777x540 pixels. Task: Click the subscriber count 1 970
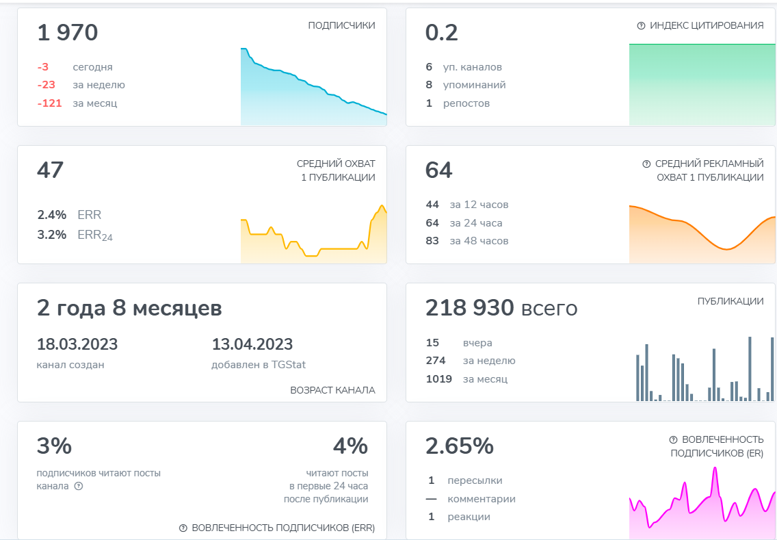(x=68, y=33)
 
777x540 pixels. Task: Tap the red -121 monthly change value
(x=49, y=103)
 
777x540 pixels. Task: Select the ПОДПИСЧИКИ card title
(x=341, y=25)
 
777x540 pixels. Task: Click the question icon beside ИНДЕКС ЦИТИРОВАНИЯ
(x=641, y=25)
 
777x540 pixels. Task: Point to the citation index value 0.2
(x=442, y=33)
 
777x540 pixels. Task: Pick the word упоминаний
(x=475, y=85)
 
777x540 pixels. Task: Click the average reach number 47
(x=50, y=170)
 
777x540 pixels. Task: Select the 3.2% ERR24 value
(x=52, y=235)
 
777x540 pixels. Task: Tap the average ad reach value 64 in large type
(x=439, y=170)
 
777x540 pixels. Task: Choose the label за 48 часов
(x=479, y=241)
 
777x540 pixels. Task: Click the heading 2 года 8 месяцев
(x=129, y=308)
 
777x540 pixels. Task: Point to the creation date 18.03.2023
(x=77, y=344)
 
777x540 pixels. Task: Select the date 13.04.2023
(x=252, y=344)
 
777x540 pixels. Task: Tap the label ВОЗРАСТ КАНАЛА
(x=332, y=390)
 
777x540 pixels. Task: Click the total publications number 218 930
(x=469, y=308)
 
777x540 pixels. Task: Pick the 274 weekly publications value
(x=436, y=361)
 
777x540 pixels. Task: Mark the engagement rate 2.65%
(x=460, y=446)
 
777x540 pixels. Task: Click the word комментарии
(x=482, y=499)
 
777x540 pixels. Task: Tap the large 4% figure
(x=350, y=446)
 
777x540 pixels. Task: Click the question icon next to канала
(x=78, y=486)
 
